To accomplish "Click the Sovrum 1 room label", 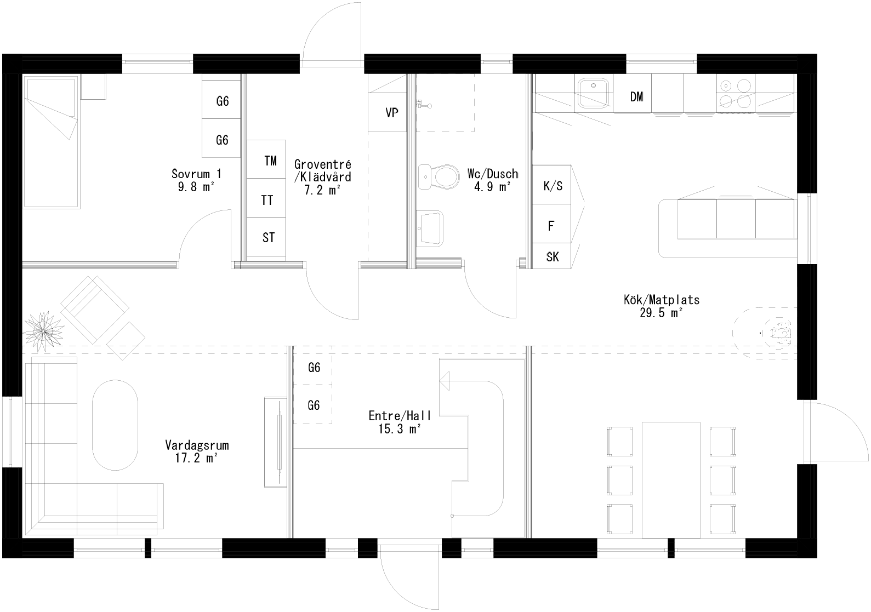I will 197,174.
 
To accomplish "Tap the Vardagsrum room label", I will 197,445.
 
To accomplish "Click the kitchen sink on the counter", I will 594,92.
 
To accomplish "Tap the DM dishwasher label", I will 636,97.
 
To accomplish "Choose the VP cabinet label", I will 391,113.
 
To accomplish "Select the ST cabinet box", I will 267,238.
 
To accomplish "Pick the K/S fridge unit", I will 552,185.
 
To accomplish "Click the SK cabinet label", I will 552,256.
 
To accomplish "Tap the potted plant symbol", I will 42,330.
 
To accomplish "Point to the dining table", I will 671,479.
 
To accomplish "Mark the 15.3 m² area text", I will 400,429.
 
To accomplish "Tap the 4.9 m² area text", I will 492,187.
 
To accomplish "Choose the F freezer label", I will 551,226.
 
